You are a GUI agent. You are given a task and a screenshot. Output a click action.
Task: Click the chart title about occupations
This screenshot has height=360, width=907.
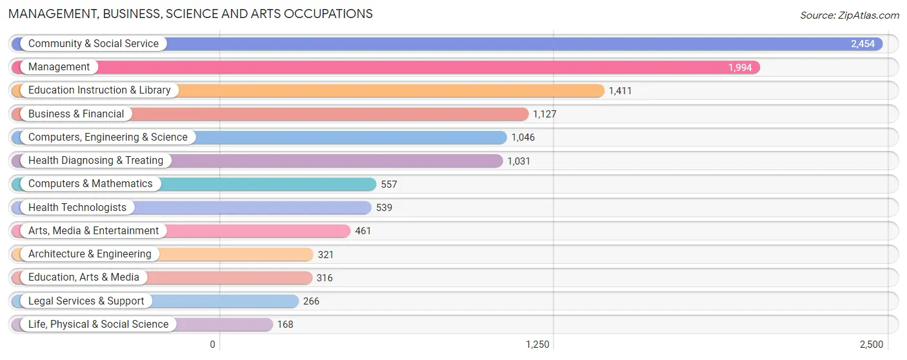(190, 14)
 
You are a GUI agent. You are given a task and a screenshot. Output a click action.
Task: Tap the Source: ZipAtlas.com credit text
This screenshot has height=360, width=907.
(850, 15)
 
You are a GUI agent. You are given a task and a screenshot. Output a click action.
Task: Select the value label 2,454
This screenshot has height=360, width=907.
(862, 44)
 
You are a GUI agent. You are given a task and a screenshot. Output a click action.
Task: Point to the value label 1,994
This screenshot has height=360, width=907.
(740, 67)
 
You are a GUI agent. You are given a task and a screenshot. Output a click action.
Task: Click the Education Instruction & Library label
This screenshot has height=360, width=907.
(99, 90)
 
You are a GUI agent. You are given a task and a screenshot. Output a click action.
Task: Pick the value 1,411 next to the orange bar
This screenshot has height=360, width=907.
(620, 91)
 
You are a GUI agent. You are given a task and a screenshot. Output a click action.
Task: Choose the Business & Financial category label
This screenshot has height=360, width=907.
(76, 114)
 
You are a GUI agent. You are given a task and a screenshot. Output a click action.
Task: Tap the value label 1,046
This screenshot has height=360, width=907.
(523, 137)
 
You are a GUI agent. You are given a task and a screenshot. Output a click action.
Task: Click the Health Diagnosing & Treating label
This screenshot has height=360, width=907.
(95, 161)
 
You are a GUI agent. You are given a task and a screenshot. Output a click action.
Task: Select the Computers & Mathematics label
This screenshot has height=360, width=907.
(90, 183)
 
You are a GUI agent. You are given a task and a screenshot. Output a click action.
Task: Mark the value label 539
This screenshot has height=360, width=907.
(384, 207)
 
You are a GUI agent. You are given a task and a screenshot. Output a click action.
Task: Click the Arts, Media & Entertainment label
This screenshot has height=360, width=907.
(94, 230)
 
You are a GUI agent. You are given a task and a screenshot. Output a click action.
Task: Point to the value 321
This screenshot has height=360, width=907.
(326, 254)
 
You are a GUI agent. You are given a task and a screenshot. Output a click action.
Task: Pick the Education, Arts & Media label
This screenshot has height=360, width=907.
(84, 277)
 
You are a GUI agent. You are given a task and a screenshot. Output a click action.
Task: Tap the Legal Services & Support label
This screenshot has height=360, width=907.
(86, 301)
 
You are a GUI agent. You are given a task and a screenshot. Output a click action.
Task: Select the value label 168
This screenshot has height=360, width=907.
(285, 325)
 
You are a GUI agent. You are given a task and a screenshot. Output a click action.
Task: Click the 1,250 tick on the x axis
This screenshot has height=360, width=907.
(537, 345)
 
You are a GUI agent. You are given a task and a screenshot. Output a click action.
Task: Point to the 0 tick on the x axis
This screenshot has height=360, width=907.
(212, 345)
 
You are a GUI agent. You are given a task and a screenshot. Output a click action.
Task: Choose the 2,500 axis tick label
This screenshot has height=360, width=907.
(872, 345)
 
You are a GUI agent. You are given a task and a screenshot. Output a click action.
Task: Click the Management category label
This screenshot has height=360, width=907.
(59, 66)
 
